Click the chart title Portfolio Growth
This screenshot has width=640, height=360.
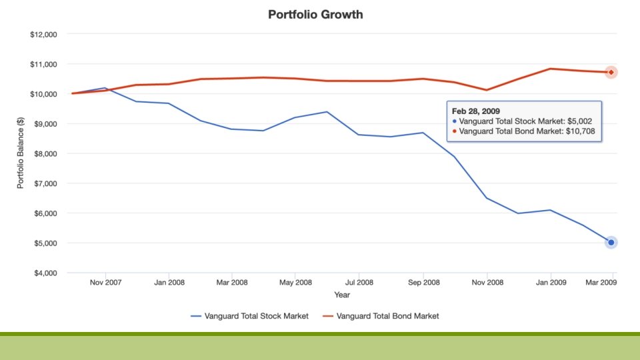click(315, 14)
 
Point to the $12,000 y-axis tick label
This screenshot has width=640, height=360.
click(44, 35)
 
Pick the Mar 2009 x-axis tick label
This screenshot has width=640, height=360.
click(601, 283)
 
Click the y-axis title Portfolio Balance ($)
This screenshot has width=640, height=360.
click(21, 153)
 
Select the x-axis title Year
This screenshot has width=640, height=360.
click(343, 295)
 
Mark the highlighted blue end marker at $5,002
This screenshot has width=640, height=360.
click(611, 243)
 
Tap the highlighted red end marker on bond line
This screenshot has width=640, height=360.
click(611, 72)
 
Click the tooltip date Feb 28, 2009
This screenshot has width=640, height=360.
click(476, 111)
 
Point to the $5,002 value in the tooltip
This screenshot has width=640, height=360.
click(577, 121)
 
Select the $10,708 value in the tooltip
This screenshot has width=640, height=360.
click(580, 132)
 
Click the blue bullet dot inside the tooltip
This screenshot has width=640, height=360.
click(455, 121)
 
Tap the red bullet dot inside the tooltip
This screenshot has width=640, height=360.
click(455, 132)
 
